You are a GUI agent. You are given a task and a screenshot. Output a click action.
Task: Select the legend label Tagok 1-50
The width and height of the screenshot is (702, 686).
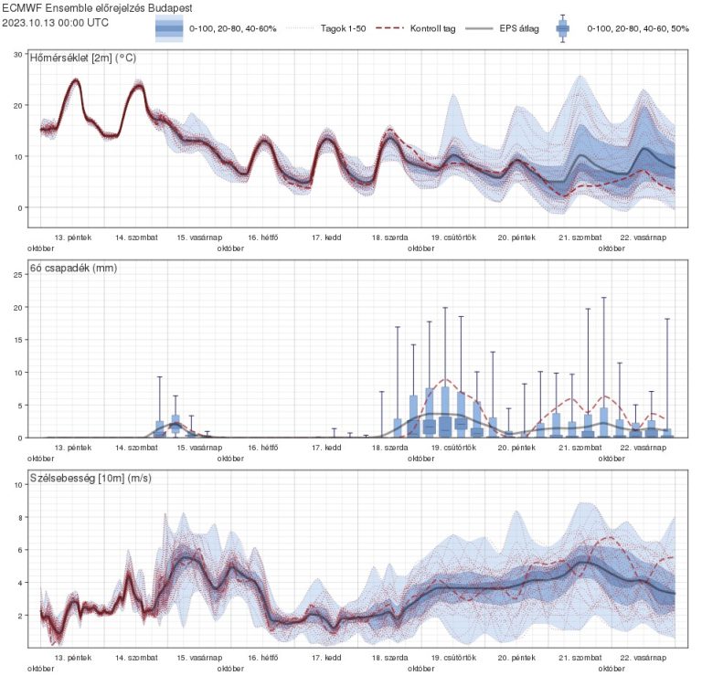[x=343, y=29]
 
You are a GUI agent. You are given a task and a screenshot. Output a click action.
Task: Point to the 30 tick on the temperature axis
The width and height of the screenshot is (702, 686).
[x=17, y=55]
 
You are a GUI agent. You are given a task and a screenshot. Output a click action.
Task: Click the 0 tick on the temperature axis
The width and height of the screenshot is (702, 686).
[x=19, y=208]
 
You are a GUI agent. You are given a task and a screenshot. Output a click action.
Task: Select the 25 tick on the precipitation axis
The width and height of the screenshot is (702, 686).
[x=17, y=274]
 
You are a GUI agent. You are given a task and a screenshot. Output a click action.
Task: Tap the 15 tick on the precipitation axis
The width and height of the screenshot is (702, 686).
[x=17, y=340]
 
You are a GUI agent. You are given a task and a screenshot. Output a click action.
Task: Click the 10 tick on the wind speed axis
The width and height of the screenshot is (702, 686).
[x=17, y=484]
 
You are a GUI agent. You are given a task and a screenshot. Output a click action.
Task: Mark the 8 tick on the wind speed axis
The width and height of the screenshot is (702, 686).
[x=19, y=517]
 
